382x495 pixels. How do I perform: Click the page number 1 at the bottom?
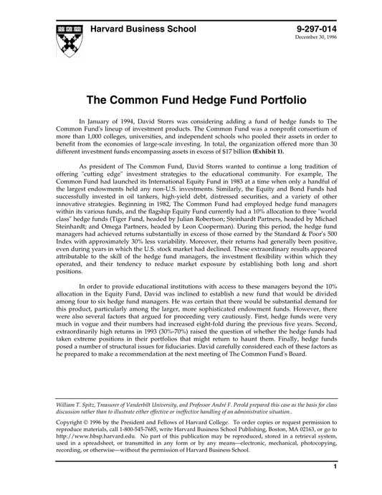point(335,486)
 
